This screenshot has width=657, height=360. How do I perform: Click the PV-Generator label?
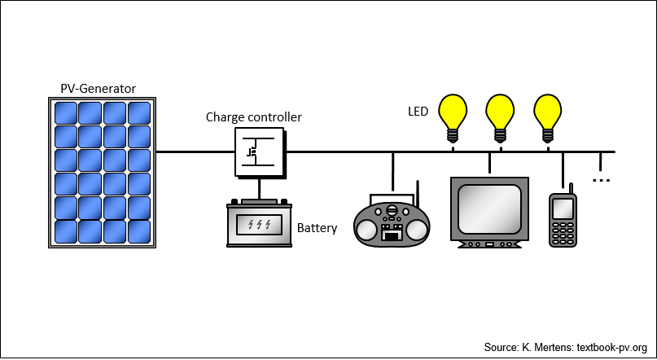point(98,89)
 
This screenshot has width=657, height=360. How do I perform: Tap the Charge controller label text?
point(253,117)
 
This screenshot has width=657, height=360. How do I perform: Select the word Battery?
point(317,228)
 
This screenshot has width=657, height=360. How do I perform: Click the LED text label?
point(418,112)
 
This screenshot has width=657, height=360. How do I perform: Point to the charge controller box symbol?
point(261,152)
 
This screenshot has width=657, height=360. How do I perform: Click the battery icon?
point(259,223)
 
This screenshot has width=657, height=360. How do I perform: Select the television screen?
point(489,209)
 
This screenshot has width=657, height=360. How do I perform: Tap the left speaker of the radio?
point(367,230)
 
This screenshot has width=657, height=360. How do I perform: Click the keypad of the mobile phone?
point(563,233)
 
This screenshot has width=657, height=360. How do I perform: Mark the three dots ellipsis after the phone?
point(602,181)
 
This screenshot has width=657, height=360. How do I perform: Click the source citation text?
point(565,348)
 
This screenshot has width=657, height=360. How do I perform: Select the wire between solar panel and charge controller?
point(195,151)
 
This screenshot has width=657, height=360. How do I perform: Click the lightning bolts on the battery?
point(259,225)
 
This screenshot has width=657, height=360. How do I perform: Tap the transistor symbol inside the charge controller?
point(252,151)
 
